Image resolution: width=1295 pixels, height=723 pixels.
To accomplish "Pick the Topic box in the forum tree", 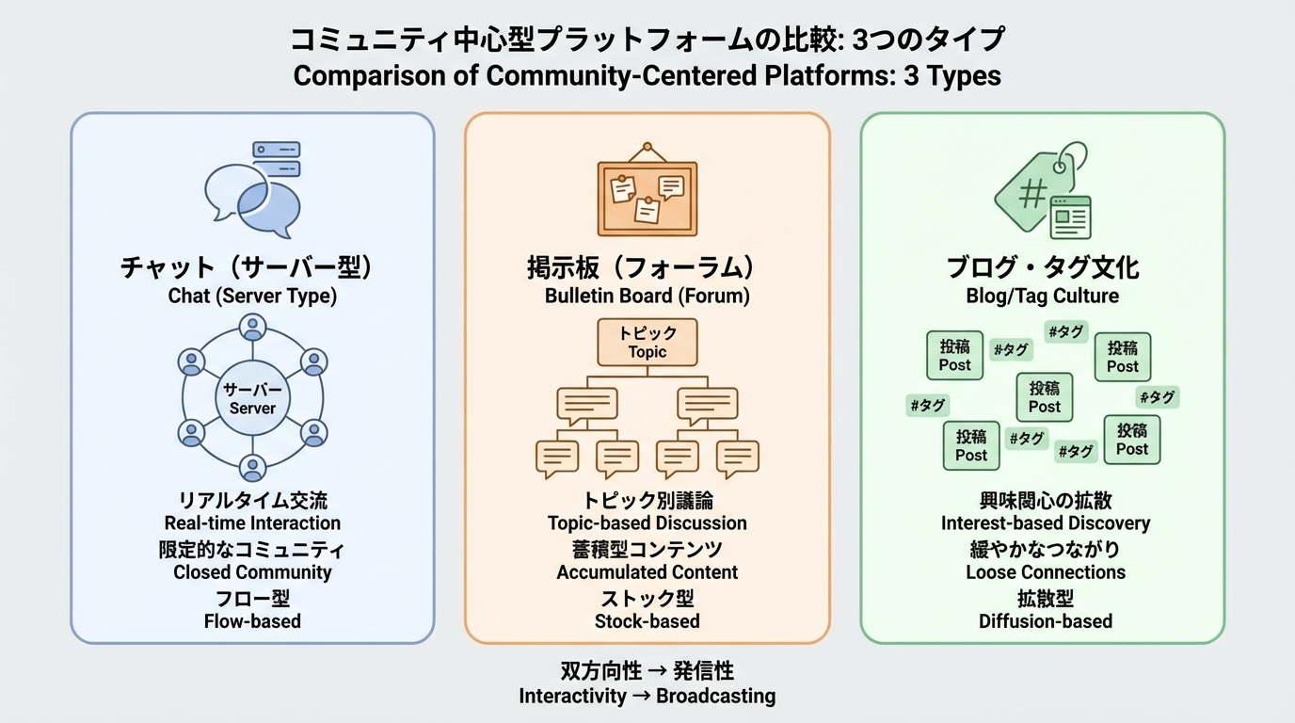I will tap(647, 343).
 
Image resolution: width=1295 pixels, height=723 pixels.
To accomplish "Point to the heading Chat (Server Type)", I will tap(252, 296).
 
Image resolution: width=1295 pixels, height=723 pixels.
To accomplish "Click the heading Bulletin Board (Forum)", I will tap(647, 296).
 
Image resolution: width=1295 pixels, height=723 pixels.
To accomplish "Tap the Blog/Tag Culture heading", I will tap(1043, 296).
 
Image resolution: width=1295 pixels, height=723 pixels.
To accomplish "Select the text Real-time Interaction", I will tap(252, 523).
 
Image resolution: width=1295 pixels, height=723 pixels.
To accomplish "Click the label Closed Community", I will tap(252, 572).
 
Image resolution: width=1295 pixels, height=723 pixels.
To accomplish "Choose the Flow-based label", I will tap(252, 621).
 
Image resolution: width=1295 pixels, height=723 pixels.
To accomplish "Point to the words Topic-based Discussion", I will tap(647, 523).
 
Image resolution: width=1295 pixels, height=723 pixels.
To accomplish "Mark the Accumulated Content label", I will tap(647, 572).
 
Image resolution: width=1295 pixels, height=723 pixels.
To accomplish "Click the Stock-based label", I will tap(647, 621).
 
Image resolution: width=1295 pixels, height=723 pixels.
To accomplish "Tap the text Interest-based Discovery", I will tap(1046, 523).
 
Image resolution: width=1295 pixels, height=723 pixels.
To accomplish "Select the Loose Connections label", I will tap(1046, 572).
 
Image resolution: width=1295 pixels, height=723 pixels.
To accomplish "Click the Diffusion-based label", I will tap(1046, 621).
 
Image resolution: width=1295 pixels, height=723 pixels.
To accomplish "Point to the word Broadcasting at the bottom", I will tap(715, 697).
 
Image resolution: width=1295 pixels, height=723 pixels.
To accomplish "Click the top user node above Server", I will tap(252, 329).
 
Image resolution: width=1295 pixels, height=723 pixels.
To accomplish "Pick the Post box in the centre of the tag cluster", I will tap(1045, 396).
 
